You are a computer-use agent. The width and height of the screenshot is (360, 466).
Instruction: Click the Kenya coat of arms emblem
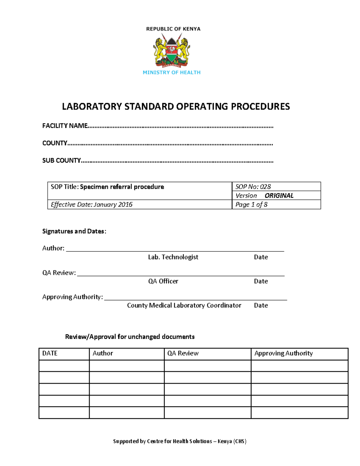[x=172, y=51]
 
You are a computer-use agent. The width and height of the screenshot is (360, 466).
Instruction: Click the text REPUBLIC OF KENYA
[x=173, y=29]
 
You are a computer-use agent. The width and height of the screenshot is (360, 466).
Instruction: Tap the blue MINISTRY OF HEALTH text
[x=172, y=72]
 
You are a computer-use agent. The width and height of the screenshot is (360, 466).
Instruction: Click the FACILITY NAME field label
[x=65, y=126]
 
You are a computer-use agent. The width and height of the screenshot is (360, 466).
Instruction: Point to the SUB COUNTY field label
[x=61, y=161]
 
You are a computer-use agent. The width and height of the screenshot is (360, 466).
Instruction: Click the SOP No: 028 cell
[x=253, y=187]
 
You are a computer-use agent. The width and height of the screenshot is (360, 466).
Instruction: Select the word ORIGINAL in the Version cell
[x=279, y=196]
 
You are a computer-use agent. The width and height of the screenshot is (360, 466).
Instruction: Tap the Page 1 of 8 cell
[x=251, y=205]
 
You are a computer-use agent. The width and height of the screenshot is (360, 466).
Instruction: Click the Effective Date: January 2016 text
[x=91, y=205]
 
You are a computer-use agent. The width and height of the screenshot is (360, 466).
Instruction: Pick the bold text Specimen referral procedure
[x=122, y=187]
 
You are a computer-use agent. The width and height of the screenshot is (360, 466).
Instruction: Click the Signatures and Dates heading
[x=74, y=231]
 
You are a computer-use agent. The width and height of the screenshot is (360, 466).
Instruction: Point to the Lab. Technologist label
[x=173, y=257]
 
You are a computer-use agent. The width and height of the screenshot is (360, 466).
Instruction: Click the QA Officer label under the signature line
[x=163, y=281]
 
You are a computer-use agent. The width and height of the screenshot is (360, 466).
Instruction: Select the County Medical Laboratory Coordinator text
[x=184, y=305]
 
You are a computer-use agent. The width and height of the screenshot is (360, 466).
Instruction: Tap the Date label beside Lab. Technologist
[x=261, y=257]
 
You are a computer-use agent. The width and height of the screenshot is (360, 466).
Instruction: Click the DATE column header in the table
[x=50, y=353]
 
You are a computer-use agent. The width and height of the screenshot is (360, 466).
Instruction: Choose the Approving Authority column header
[x=283, y=353]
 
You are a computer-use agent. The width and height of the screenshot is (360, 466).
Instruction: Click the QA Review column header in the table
[x=183, y=353]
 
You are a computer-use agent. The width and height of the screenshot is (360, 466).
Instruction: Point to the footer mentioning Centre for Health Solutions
[x=180, y=441]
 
